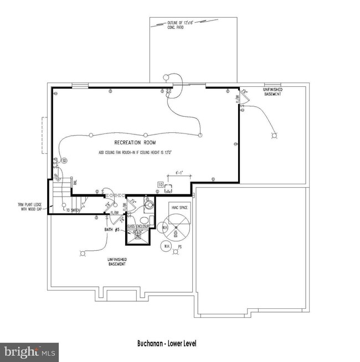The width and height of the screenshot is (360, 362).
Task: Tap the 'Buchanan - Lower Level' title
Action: pyautogui.click(x=166, y=344)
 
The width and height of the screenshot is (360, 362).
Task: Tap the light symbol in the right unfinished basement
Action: pyautogui.click(x=272, y=135)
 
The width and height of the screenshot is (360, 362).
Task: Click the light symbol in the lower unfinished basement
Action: pyautogui.click(x=84, y=254)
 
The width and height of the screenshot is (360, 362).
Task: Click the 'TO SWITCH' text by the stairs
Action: pyautogui.click(x=72, y=211)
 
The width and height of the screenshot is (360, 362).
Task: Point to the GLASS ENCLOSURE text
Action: pyautogui.click(x=136, y=226)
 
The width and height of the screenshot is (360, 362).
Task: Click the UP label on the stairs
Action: pyautogui.click(x=56, y=176)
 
